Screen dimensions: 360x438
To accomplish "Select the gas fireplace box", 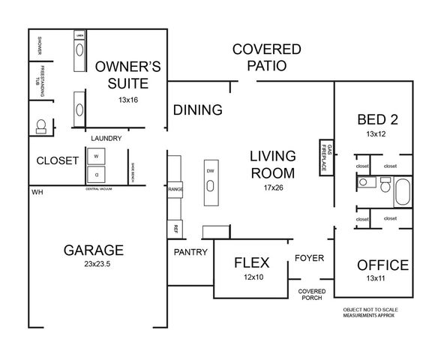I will point(326,158).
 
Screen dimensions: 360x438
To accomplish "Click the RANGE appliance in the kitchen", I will point(175,189).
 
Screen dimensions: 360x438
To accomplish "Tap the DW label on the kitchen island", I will point(210,170).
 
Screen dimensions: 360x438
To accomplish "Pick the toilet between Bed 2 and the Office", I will point(384,184).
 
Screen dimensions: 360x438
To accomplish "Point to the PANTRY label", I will point(190,252).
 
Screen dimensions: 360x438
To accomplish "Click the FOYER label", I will point(309,258).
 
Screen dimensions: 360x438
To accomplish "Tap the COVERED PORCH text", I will point(310,295).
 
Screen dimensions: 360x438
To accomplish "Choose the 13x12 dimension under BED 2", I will point(375,133).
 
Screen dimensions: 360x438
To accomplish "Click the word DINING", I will point(198,110).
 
